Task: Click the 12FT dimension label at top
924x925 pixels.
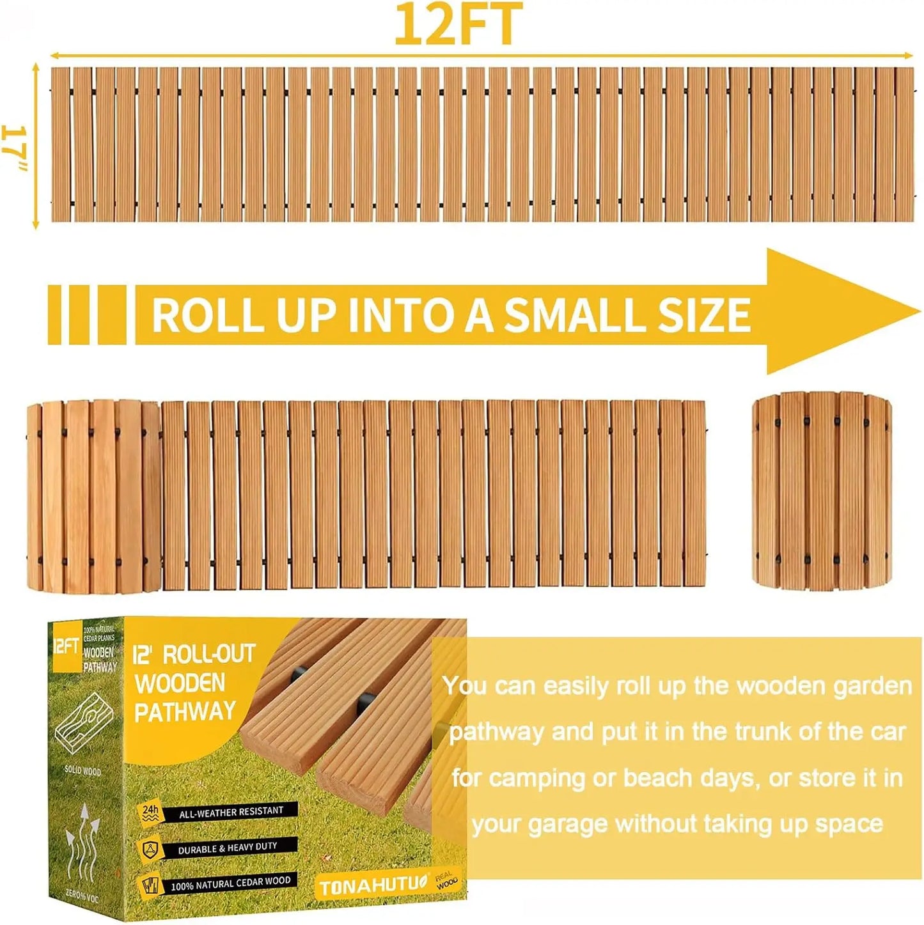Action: point(458,24)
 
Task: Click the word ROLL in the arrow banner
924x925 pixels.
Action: point(207,315)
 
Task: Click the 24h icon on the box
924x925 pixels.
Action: point(150,812)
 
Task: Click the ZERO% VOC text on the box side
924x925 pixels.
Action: point(82,896)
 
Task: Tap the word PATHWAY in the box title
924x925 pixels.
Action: point(185,712)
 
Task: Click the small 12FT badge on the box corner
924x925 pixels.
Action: point(65,646)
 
